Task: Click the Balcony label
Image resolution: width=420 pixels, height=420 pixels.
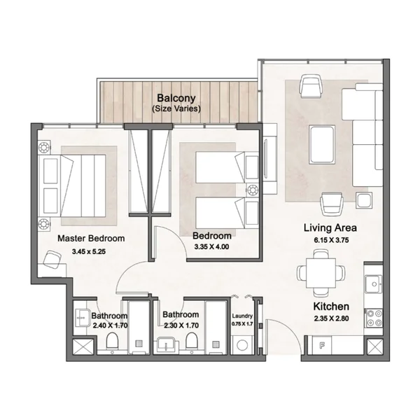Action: pyautogui.click(x=176, y=98)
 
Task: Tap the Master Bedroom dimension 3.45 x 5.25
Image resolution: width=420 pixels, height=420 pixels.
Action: pyautogui.click(x=89, y=251)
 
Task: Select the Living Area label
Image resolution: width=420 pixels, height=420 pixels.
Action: pyautogui.click(x=330, y=228)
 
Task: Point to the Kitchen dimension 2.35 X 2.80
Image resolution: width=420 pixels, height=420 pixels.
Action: pyautogui.click(x=331, y=318)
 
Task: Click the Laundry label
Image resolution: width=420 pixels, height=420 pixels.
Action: pyautogui.click(x=242, y=316)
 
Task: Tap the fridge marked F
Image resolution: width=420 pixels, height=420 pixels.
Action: pyautogui.click(x=322, y=345)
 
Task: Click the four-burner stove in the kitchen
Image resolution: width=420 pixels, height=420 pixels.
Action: pyautogui.click(x=374, y=318)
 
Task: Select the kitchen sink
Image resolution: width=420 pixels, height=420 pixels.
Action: pyautogui.click(x=374, y=284)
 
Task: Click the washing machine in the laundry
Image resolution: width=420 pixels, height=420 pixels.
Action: pyautogui.click(x=242, y=345)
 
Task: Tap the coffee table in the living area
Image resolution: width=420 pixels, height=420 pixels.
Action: pyautogui.click(x=322, y=143)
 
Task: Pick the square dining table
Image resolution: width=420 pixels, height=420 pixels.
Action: pyautogui.click(x=321, y=273)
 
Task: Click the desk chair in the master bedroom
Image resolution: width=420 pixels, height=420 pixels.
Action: pyautogui.click(x=52, y=258)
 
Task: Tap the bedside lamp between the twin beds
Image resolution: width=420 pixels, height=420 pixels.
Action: pyautogui.click(x=252, y=190)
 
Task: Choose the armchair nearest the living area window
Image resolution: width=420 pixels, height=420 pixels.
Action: pyautogui.click(x=311, y=86)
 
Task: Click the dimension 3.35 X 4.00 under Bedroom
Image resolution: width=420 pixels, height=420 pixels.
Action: pyautogui.click(x=211, y=246)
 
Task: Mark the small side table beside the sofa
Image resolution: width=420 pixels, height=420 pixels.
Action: pyautogui.click(x=364, y=200)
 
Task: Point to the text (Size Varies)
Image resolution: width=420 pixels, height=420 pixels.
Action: pyautogui.click(x=176, y=108)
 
